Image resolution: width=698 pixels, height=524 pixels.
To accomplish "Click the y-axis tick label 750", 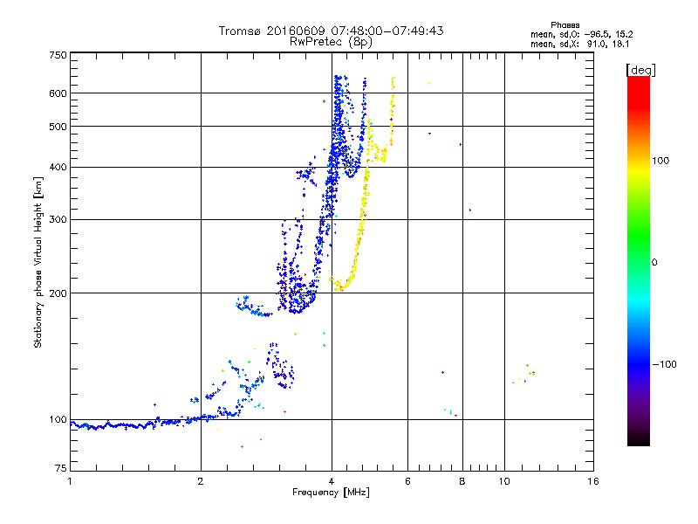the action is point(58,55).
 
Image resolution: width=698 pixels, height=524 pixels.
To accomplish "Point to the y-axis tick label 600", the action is point(58,93).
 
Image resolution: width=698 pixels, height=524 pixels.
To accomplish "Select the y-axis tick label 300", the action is point(58,220).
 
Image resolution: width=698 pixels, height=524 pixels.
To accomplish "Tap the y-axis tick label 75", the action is point(61,468).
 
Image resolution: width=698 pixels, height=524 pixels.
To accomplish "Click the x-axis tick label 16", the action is point(593,481).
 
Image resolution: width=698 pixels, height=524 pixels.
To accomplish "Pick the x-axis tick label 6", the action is point(407,481).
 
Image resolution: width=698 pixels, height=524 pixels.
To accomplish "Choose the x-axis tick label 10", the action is point(504,481).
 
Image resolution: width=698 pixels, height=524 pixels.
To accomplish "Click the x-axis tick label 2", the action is point(201,481).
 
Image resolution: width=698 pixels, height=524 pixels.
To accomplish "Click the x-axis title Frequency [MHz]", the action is point(331,493).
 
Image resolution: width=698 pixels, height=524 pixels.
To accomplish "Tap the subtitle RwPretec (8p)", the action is point(331,42).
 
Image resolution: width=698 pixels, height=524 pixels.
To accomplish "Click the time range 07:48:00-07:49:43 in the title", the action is point(387,31).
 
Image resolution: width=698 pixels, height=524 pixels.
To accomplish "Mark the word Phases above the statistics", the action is point(565,25).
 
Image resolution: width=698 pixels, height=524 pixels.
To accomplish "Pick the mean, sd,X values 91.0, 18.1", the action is point(608,44).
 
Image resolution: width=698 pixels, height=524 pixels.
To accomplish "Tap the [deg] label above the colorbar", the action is point(640,70).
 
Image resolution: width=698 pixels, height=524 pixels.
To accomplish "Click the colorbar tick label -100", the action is point(664,364).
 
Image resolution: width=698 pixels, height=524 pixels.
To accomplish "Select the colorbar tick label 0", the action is point(654,263).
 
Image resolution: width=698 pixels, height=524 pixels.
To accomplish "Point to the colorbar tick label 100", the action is point(660,161).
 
